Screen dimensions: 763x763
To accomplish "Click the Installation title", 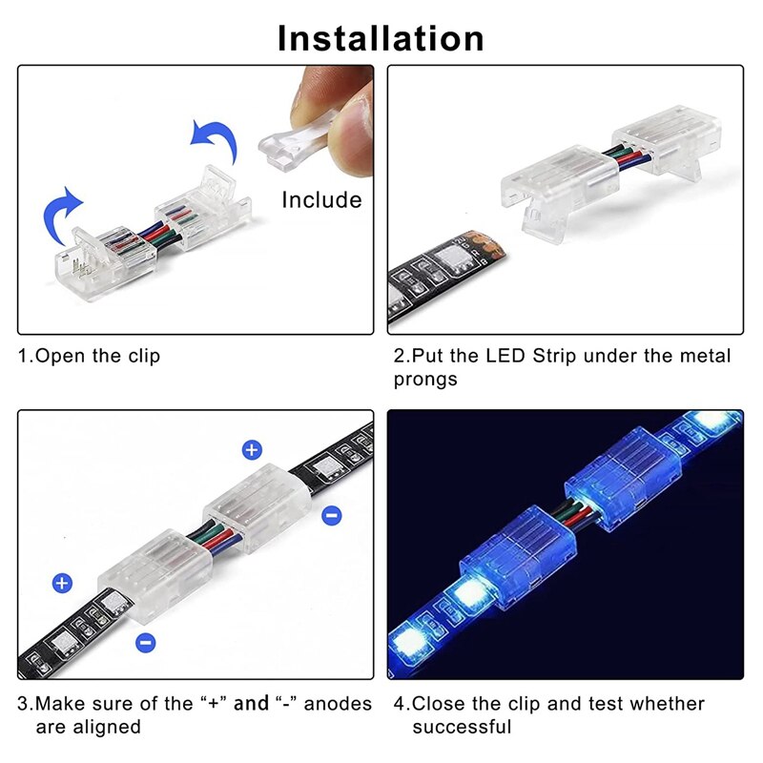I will point(381,37).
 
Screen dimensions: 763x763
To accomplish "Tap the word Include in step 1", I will point(321,200).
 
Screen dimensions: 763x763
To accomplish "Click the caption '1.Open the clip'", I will point(91,357).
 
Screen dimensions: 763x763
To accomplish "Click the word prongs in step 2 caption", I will point(425,380).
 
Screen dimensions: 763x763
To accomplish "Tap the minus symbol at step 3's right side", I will point(332,516).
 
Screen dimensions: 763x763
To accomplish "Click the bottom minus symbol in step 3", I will point(145,642).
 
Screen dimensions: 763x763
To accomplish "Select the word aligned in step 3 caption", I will point(107,727).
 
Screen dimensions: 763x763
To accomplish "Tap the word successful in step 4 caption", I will point(462,727).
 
